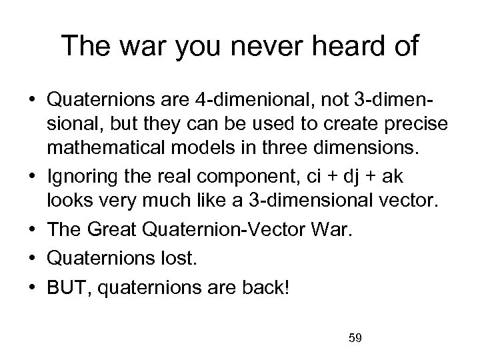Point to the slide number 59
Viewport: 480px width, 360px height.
(x=355, y=339)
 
